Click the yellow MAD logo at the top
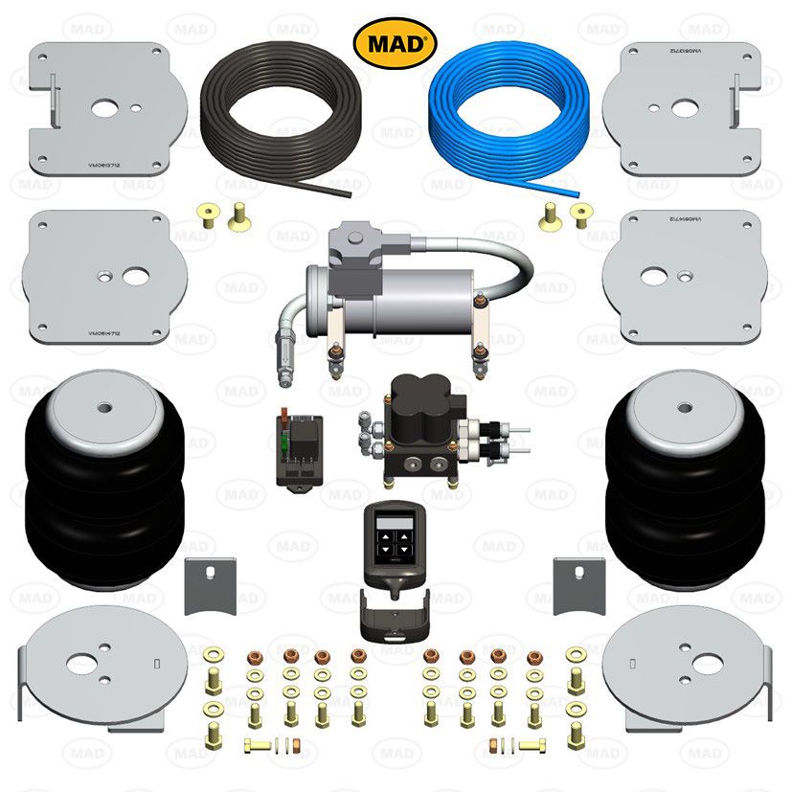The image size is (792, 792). click(x=396, y=43)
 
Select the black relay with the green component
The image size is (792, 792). click(x=298, y=448)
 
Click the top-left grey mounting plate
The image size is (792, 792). click(x=107, y=107)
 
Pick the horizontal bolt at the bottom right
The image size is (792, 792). click(x=519, y=745)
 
